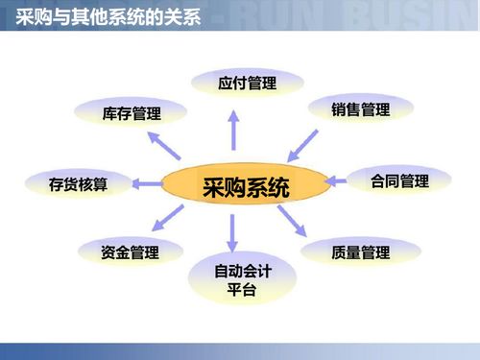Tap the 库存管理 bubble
(x=132, y=114)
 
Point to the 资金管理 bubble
(x=130, y=253)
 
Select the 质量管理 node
(x=360, y=253)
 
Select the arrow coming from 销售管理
(x=303, y=146)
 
